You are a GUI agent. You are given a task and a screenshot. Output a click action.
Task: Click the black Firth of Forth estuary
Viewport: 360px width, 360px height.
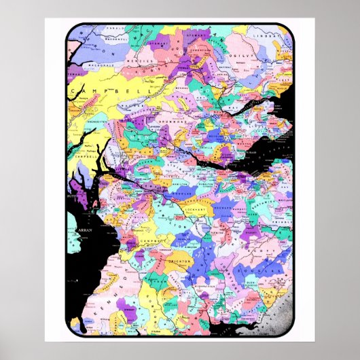[x=217, y=163]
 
